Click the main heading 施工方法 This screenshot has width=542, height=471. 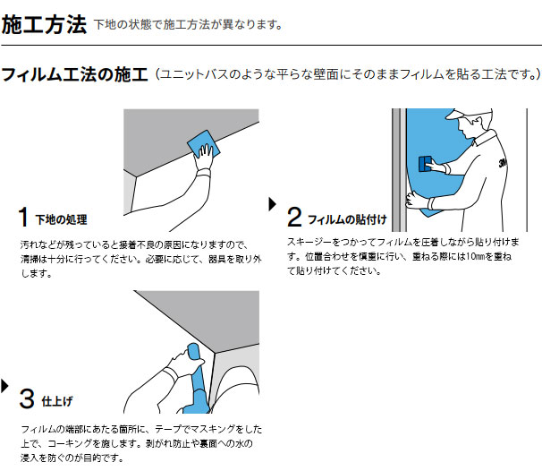tap(44, 25)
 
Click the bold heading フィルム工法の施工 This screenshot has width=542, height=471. tap(74, 74)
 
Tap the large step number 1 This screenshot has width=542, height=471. tap(23, 217)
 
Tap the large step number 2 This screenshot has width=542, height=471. tap(294, 217)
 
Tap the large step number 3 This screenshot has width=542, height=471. tap(27, 398)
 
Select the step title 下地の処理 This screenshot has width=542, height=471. tap(61, 219)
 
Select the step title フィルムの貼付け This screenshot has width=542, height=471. tap(347, 219)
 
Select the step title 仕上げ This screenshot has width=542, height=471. tap(57, 401)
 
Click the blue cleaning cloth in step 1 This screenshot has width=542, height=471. tap(203, 143)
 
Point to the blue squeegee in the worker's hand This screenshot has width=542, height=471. tap(425, 164)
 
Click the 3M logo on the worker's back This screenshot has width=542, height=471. tap(503, 162)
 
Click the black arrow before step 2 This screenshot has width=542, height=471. tap(273, 204)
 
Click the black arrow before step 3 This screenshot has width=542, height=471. tap(4, 386)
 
